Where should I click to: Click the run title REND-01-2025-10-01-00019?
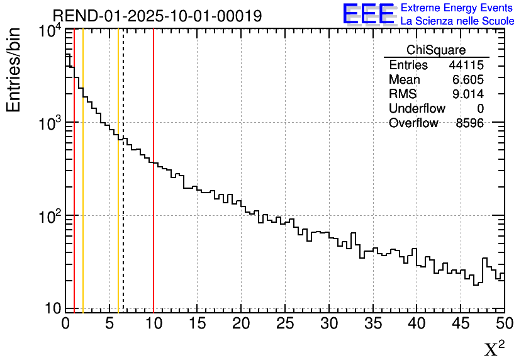(x=157, y=16)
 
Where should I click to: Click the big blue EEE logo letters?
(x=369, y=14)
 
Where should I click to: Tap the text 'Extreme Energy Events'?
(x=457, y=8)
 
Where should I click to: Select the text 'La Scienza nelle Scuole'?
(x=457, y=21)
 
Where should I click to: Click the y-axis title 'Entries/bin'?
(x=13, y=70)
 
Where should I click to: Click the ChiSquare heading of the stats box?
(x=436, y=50)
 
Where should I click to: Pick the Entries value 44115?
(x=466, y=65)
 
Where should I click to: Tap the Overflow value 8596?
(x=469, y=123)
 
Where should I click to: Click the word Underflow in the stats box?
(x=417, y=109)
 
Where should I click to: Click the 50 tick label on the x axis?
(x=504, y=323)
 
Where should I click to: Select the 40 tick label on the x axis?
(x=417, y=323)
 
